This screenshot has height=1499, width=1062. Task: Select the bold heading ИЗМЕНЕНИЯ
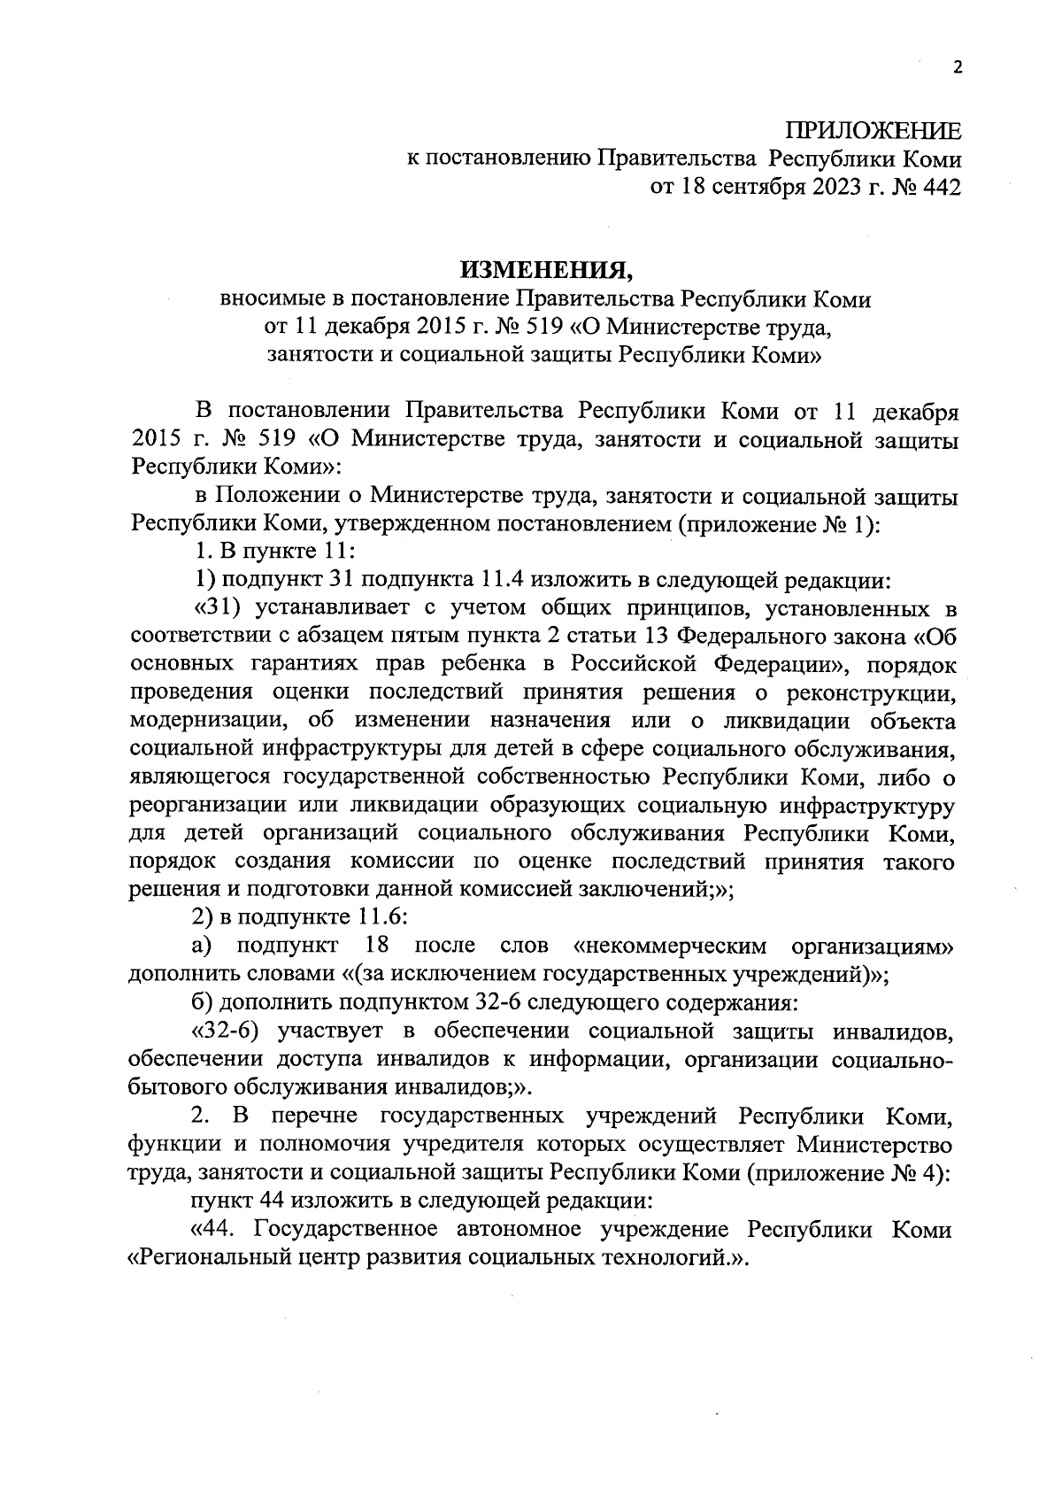pos(545,269)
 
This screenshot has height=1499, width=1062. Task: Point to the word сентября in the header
pos(754,187)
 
